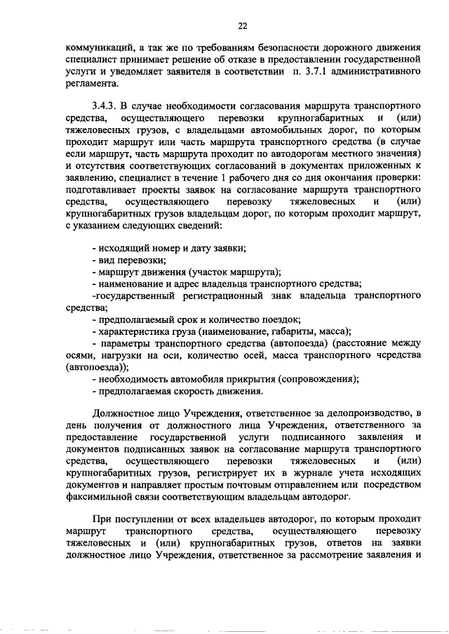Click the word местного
(363, 154)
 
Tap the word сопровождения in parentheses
(318, 378)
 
